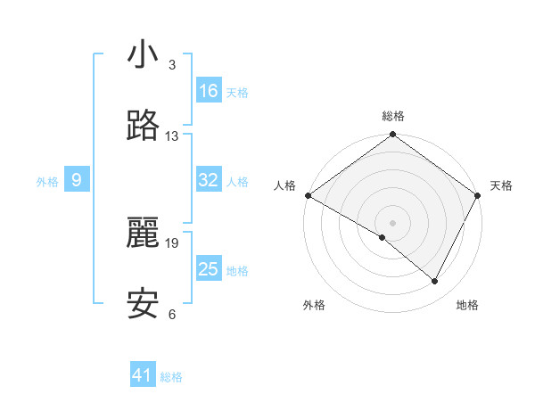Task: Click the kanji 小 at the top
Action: click(143, 55)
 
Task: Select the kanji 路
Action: click(143, 127)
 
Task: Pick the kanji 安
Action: click(143, 305)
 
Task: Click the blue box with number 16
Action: click(209, 91)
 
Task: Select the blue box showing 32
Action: click(209, 180)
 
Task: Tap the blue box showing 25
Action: click(209, 269)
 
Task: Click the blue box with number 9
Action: click(77, 180)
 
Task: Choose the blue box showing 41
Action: click(143, 375)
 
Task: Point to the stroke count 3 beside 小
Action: click(172, 65)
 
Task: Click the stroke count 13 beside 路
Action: click(172, 136)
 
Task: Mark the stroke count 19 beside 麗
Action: click(173, 242)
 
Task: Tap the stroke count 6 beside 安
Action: click(172, 314)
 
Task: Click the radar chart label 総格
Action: click(393, 116)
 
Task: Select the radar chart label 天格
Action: click(501, 185)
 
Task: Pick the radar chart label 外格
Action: click(314, 305)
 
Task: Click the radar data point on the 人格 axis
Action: click(308, 195)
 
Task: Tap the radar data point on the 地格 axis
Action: click(435, 281)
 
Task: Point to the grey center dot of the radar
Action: click(393, 222)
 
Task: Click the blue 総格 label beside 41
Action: click(171, 377)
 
